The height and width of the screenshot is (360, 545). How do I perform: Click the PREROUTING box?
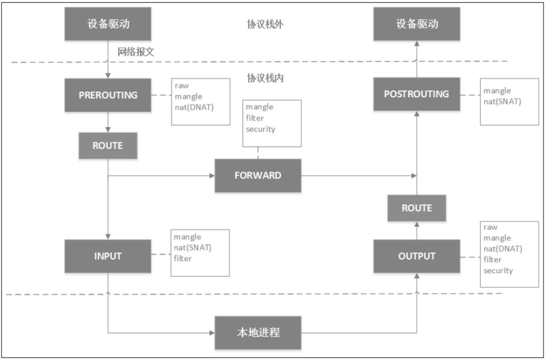(x=108, y=95)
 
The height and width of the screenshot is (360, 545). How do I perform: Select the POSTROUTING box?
(x=416, y=94)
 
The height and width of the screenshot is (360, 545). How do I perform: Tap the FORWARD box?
(x=258, y=175)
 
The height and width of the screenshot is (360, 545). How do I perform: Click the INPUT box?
(x=108, y=256)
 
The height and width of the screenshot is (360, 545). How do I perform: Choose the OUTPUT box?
(x=416, y=256)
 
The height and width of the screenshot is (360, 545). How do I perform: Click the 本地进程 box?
(x=258, y=332)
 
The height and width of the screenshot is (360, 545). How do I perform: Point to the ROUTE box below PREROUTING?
(x=108, y=146)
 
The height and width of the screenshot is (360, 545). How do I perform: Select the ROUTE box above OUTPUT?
(x=416, y=208)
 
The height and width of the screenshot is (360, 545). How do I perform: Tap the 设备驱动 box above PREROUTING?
(x=108, y=24)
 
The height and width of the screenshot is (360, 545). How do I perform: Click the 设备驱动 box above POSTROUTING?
(x=416, y=24)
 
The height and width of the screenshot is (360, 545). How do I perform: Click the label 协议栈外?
(x=265, y=24)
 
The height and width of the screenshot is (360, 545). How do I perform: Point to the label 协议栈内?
(x=265, y=78)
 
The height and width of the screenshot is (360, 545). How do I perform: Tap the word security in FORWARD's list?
(x=260, y=129)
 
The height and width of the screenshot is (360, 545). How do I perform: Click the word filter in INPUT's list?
(x=183, y=259)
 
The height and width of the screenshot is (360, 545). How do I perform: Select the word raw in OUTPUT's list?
(x=490, y=227)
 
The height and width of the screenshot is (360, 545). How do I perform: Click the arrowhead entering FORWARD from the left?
(x=212, y=175)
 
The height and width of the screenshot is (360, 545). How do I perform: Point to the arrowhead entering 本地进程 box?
(x=212, y=332)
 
